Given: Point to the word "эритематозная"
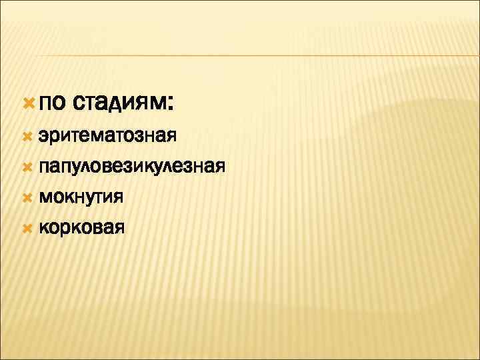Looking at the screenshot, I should [x=107, y=137].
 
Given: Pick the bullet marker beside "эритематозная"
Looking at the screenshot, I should [x=27, y=136].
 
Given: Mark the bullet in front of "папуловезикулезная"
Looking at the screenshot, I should [x=27, y=166].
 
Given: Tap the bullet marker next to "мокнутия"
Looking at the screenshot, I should [x=27, y=197].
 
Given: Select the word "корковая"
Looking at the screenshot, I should [x=81, y=227].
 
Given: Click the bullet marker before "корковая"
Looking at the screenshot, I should [x=27, y=227].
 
